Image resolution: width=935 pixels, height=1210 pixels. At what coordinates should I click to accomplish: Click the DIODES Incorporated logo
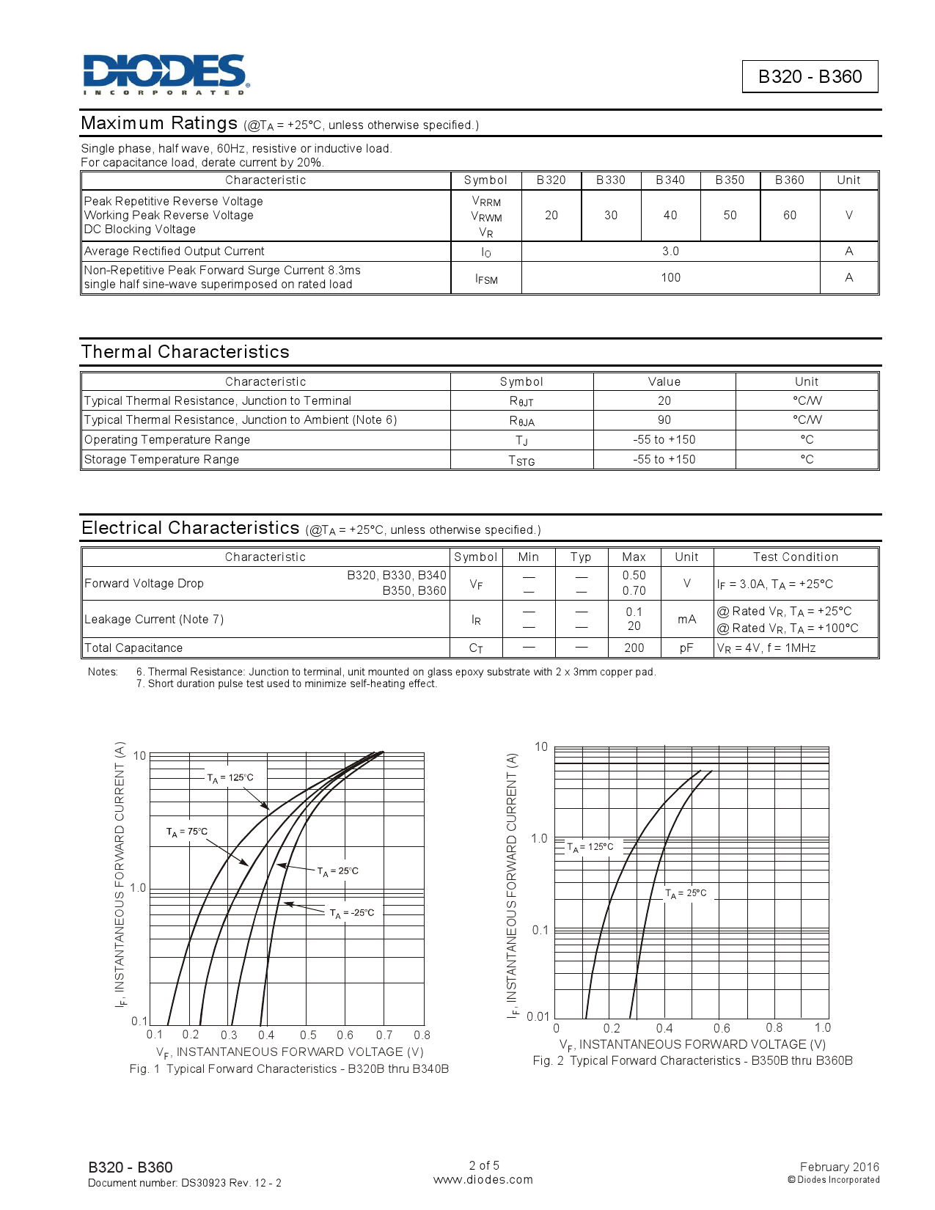(x=166, y=74)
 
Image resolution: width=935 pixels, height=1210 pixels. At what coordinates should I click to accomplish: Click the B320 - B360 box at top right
(x=810, y=77)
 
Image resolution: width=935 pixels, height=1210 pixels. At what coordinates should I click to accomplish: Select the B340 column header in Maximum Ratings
(x=670, y=180)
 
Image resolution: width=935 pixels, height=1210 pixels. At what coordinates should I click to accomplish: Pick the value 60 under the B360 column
(x=789, y=216)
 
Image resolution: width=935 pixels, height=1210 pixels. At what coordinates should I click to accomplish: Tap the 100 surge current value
(x=670, y=278)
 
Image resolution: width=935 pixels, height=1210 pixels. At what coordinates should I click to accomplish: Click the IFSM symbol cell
(x=486, y=279)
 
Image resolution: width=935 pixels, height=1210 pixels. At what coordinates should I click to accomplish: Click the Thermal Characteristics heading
(x=186, y=352)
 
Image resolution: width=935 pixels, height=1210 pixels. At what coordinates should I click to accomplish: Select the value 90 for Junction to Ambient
(x=664, y=420)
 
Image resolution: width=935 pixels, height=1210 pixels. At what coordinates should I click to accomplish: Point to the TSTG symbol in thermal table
(x=521, y=461)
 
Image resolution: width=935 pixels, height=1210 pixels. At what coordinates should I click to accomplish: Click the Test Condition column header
(x=795, y=557)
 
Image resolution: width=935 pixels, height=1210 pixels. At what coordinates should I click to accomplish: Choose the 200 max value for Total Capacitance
(x=634, y=648)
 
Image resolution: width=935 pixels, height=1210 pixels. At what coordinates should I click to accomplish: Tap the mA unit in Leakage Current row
(x=686, y=620)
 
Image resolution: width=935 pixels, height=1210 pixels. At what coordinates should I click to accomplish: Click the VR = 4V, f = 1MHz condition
(x=766, y=648)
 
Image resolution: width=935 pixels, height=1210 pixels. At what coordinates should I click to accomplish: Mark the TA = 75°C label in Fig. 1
(x=187, y=832)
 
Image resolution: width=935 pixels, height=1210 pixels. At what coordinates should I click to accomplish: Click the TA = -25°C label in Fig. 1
(x=352, y=914)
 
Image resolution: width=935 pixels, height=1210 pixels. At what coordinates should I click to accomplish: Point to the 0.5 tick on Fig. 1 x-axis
(x=308, y=1035)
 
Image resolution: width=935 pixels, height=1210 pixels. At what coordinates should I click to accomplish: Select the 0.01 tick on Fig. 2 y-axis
(x=538, y=1016)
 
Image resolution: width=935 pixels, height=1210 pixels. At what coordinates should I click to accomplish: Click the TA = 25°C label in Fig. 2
(x=686, y=893)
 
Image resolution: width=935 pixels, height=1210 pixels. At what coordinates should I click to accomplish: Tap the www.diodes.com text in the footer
(x=483, y=1180)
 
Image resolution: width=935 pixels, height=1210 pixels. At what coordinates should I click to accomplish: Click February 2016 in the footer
(x=839, y=1167)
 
